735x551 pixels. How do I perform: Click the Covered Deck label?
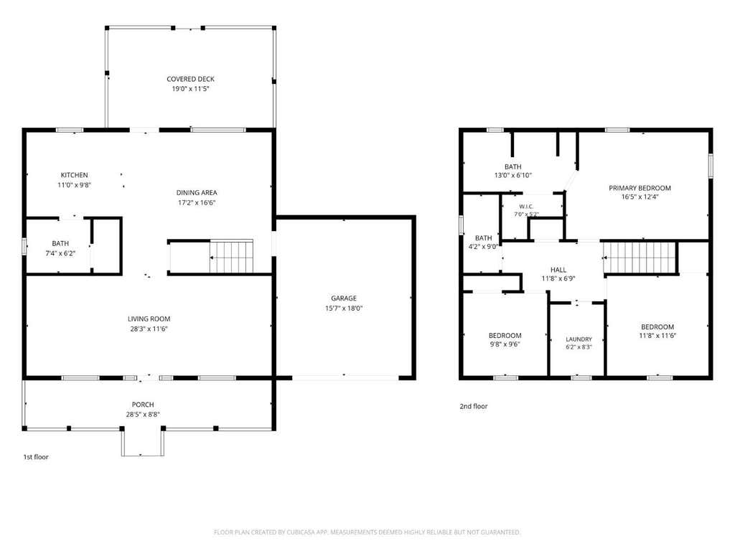point(190,79)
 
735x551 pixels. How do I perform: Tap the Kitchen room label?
point(74,175)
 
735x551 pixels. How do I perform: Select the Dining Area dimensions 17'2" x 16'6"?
point(197,203)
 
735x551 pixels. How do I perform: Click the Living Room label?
point(149,319)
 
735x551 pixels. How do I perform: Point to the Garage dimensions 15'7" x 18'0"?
point(344,309)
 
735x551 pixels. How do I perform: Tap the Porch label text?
point(143,405)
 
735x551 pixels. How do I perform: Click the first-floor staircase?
point(232,256)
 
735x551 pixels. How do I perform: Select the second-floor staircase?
point(639,258)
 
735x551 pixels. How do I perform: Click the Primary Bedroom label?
point(640,188)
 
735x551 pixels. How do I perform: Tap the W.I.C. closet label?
point(526,207)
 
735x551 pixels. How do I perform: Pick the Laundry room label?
point(579,339)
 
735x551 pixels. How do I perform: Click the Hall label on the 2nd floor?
point(558,270)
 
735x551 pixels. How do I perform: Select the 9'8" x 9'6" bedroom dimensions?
point(505,344)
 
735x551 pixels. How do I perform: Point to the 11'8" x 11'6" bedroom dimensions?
point(657,336)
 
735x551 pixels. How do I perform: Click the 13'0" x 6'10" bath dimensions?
point(512,175)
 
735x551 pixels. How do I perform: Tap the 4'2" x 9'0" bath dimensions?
point(483,247)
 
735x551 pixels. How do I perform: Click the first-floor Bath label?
point(60,244)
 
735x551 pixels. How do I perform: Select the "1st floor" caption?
point(36,457)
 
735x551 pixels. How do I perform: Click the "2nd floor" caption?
point(474,406)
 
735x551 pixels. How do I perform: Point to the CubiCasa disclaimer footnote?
point(367,532)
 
